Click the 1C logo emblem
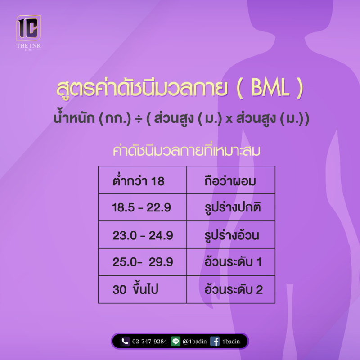28,28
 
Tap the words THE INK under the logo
28,46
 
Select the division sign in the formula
138,119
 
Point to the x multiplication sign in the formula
229,119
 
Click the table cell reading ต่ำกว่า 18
143,180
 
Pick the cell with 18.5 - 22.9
143,207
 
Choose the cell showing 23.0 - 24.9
143,234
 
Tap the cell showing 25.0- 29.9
143,262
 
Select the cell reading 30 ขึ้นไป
143,289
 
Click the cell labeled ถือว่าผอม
231,180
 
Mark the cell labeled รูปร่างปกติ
231,207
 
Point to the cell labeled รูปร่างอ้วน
231,234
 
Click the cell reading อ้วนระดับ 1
231,262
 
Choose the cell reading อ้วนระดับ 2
231,289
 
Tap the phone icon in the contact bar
125,342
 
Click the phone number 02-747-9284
149,342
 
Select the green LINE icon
175,342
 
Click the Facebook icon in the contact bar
215,342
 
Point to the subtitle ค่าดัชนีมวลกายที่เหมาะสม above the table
186,150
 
